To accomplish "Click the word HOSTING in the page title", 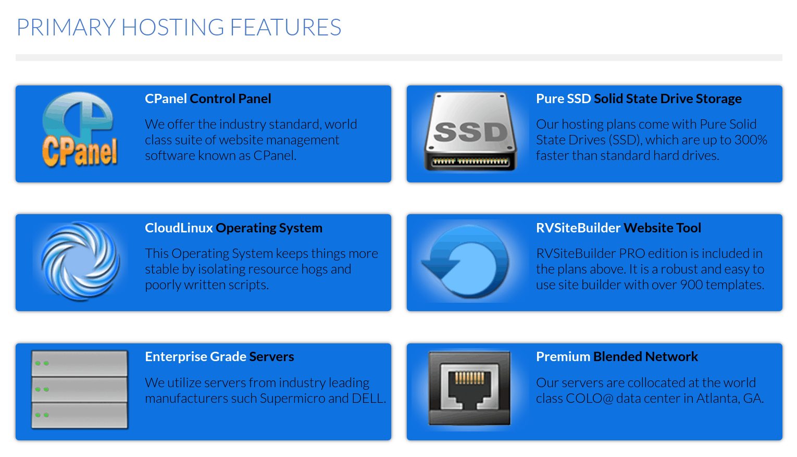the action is point(173,28).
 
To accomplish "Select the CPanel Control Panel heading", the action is point(208,98).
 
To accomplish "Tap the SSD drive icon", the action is point(470,131).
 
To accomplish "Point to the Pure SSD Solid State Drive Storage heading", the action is point(639,98).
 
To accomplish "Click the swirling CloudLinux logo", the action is point(80,261).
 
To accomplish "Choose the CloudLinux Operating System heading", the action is point(233,228).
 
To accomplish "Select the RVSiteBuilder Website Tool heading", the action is point(618,228).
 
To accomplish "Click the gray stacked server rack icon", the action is point(79,389).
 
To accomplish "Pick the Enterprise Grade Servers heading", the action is point(219,356).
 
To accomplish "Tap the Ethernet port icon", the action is point(469,388).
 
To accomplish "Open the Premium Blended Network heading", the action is point(617,356).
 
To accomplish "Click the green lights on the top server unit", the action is point(42,363).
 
